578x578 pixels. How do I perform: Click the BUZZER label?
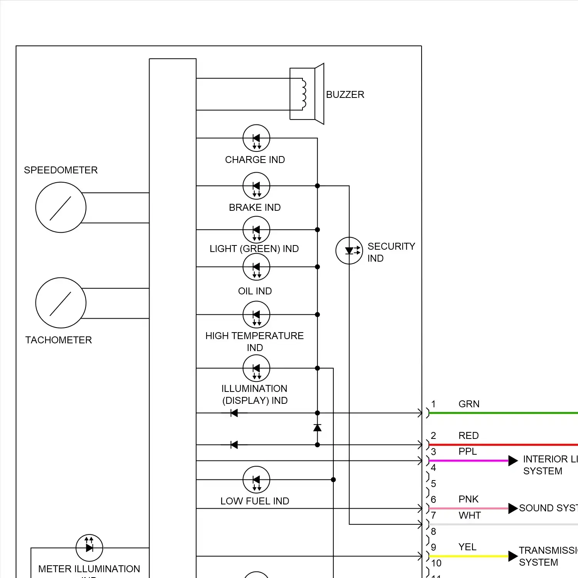[x=345, y=94]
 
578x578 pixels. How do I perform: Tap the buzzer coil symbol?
[x=304, y=94]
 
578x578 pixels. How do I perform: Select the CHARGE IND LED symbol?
[x=256, y=138]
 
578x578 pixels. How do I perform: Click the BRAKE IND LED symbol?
[x=256, y=186]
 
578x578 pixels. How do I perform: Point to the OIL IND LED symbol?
[x=256, y=267]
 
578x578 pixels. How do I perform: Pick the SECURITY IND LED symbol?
[x=349, y=251]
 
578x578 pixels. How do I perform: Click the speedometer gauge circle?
[x=61, y=207]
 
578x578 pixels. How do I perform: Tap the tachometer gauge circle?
[x=61, y=303]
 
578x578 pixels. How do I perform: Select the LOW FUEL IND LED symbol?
[x=256, y=480]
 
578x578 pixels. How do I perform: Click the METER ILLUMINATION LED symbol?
[x=89, y=548]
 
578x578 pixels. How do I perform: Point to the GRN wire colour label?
[x=469, y=404]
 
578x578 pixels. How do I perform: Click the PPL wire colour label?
[x=468, y=451]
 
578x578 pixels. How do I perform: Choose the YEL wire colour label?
[x=467, y=547]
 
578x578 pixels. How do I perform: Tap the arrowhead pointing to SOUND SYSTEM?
[x=513, y=508]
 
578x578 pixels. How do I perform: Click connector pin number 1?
[x=434, y=404]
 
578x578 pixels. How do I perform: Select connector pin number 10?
[x=436, y=563]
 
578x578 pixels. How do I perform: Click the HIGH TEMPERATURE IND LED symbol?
[x=256, y=315]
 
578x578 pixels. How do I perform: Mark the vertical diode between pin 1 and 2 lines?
[x=318, y=428]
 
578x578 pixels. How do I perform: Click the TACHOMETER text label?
[x=59, y=340]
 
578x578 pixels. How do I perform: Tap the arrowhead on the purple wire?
[x=513, y=460]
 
